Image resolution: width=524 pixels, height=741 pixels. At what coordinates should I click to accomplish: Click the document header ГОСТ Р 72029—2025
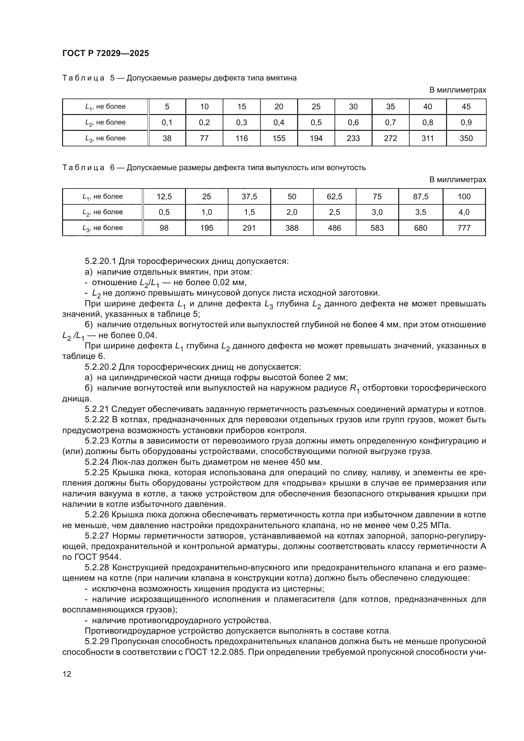tap(105, 54)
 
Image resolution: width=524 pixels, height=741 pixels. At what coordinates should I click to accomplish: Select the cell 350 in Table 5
tap(466, 138)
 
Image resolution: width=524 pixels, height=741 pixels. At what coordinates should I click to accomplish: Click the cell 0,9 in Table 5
tap(466, 123)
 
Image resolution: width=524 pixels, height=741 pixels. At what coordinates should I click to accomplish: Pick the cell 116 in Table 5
tap(241, 138)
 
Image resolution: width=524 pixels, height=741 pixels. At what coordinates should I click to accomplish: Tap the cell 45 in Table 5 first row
tap(466, 107)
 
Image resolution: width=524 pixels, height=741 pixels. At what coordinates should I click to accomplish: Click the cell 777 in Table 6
tap(464, 228)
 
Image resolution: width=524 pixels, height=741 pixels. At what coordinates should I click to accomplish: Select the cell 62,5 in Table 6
tap(334, 196)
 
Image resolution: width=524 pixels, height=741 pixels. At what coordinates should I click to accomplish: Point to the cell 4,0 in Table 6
tap(464, 212)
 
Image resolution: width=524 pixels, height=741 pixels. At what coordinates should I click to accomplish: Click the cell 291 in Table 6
tap(249, 228)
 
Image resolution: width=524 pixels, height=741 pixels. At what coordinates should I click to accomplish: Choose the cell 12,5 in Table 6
tap(164, 196)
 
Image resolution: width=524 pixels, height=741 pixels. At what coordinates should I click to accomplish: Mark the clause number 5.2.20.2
tap(101, 367)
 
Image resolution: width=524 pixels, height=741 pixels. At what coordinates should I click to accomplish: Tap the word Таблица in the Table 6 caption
tap(83, 168)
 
